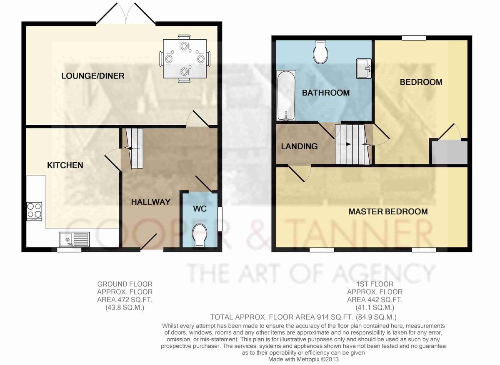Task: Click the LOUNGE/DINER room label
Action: point(93,76)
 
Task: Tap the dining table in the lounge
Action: point(185,59)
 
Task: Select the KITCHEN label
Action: point(65,166)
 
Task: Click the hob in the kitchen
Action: point(34,211)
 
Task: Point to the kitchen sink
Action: point(74,239)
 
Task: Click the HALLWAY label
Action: point(151,202)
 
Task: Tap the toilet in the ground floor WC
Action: point(200,235)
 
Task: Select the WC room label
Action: point(200,209)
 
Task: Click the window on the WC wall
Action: point(220,219)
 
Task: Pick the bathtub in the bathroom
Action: point(286,96)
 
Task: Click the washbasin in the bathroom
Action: point(364,68)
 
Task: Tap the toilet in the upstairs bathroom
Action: point(320,52)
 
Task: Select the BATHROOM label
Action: point(326,93)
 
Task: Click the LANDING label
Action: point(299,146)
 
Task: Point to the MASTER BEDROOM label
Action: point(388,211)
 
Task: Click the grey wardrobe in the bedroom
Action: point(450,153)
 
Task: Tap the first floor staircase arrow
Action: point(345,144)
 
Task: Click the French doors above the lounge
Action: point(126,13)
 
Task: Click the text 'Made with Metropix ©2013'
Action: point(303,360)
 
